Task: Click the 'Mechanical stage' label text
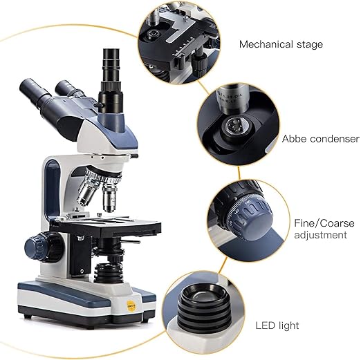click(x=280, y=45)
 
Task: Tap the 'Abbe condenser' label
click(x=320, y=139)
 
